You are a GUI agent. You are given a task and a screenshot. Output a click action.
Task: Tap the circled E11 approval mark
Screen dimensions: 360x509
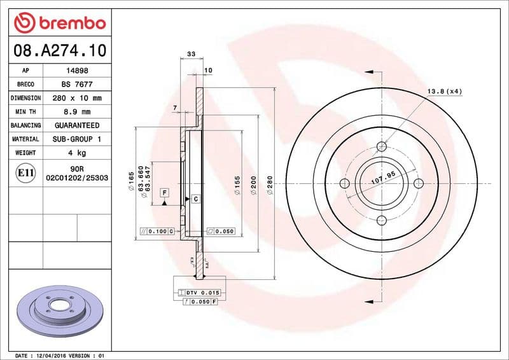coord(26,173)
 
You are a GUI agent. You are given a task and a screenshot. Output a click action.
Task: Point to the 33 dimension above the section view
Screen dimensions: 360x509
coord(191,56)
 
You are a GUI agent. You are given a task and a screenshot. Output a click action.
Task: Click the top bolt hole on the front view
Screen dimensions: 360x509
coord(382,148)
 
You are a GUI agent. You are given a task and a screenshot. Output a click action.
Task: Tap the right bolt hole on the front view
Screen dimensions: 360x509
coord(418,184)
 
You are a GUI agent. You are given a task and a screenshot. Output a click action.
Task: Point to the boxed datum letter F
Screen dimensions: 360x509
coord(164,192)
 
